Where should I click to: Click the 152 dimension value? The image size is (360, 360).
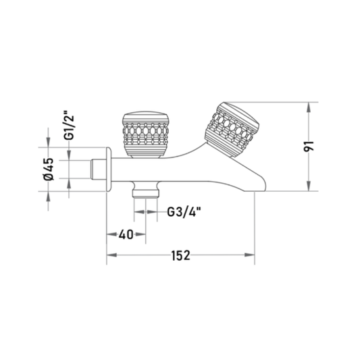click(181, 255)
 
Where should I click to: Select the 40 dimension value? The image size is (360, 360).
click(126, 234)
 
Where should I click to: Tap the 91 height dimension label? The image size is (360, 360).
click(309, 147)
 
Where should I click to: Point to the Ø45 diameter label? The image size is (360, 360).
click(49, 170)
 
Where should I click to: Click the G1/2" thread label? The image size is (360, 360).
click(69, 125)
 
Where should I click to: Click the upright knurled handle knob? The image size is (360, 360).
click(146, 134)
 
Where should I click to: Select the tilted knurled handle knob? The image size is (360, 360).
click(232, 130)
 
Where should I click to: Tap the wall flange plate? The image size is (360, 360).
click(109, 170)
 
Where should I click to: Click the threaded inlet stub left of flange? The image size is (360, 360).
click(98, 170)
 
